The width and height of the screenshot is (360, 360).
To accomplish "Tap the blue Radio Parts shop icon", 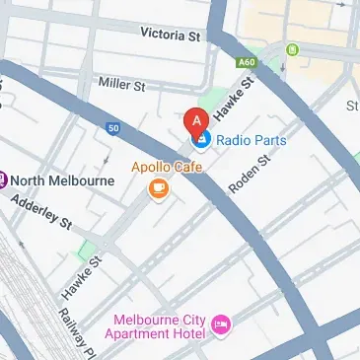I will pos(201,141).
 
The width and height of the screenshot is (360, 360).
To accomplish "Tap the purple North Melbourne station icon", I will pos(4,180).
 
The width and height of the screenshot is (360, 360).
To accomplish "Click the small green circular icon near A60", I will pos(292,49).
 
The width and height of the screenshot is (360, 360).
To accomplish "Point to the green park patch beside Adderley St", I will pos(90,248).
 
